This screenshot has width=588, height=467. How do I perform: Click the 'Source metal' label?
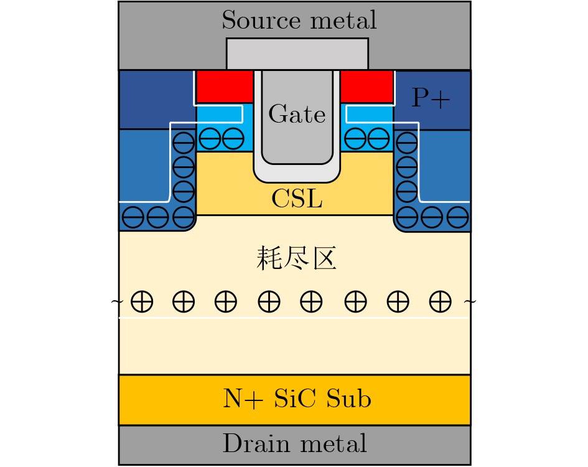[x=299, y=20]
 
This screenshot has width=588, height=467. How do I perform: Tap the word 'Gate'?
[x=297, y=114]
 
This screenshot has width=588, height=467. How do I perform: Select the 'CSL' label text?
[x=297, y=198]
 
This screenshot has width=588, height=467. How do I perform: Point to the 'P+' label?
[x=431, y=98]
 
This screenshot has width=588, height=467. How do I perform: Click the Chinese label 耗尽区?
[x=296, y=258]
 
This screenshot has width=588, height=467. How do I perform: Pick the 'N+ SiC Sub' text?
[x=297, y=399]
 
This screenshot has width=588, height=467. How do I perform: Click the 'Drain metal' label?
[x=294, y=443]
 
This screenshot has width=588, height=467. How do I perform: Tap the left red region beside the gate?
[x=225, y=87]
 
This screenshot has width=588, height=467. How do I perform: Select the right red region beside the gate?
[x=366, y=87]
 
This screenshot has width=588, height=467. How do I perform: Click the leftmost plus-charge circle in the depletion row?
[x=142, y=301]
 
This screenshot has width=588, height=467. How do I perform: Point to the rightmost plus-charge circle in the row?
[x=441, y=301]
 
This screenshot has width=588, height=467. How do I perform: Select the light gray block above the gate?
[x=297, y=54]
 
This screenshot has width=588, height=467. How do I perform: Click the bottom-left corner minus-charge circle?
[x=133, y=217]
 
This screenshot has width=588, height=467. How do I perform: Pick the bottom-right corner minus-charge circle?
[x=458, y=217]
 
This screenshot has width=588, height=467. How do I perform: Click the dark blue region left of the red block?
[x=156, y=99]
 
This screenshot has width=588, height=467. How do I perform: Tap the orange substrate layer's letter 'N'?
[x=231, y=399]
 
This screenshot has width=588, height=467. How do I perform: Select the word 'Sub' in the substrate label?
[x=348, y=399]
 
